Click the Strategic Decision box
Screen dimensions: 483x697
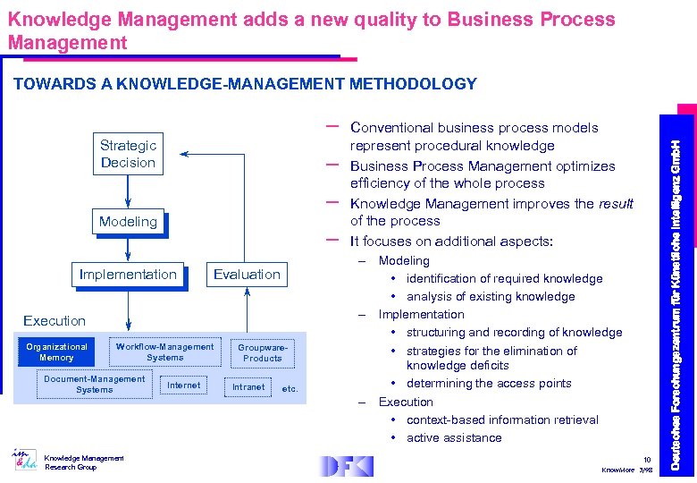click(x=128, y=154)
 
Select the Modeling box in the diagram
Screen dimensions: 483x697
click(x=128, y=222)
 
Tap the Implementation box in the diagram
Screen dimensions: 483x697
click(x=128, y=275)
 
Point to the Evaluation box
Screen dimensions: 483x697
click(x=247, y=275)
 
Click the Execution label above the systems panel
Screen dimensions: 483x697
click(x=55, y=320)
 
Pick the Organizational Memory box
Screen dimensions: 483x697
click(x=56, y=352)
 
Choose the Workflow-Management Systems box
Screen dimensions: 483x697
click(x=164, y=352)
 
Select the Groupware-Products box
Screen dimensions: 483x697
click(x=262, y=352)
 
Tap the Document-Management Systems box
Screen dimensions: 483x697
click(x=94, y=384)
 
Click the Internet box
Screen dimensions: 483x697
click(x=184, y=386)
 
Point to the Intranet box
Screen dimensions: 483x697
click(x=248, y=386)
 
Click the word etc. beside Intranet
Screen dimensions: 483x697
click(x=290, y=389)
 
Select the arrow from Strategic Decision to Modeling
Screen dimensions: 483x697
click(x=128, y=191)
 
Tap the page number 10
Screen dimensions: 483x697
click(x=647, y=460)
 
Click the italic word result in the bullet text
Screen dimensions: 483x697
click(x=616, y=204)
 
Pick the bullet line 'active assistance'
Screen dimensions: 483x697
click(x=454, y=437)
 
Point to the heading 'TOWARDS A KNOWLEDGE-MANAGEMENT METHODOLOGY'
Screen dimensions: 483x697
click(x=245, y=84)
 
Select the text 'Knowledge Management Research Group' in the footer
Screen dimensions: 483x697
click(x=85, y=462)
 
